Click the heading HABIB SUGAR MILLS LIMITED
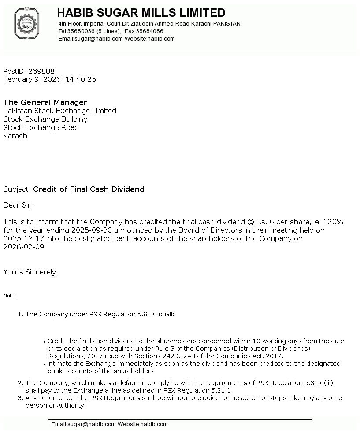[x=141, y=13]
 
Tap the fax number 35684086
[x=149, y=31]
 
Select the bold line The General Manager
[x=45, y=102]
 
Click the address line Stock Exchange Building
[x=45, y=119]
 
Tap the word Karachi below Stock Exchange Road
[x=16, y=136]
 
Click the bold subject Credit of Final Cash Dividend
[x=89, y=189]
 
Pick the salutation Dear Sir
[x=18, y=205]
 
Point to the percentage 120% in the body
[x=333, y=222]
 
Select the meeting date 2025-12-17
[x=23, y=238]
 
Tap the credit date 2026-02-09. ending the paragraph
[x=25, y=247]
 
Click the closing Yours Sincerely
[x=30, y=272]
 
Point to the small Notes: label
[x=11, y=296]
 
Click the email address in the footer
[x=83, y=424]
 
